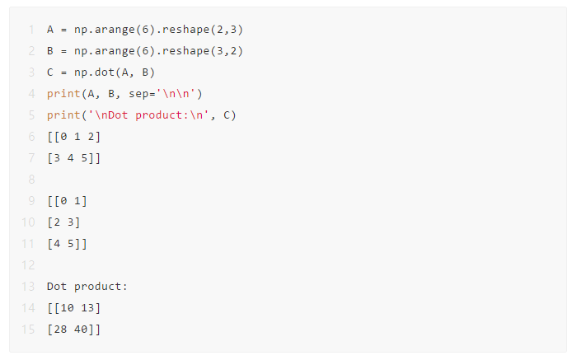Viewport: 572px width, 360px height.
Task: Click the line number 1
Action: coord(31,30)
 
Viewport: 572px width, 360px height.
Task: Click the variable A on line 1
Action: coord(50,30)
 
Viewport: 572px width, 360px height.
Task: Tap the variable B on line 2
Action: coord(50,51)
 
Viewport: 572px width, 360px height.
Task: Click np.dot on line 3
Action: coord(94,72)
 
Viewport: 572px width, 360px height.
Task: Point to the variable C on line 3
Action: coord(50,72)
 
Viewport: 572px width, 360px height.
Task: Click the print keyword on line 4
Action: coord(63,94)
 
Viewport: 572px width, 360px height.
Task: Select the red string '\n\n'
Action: coord(176,94)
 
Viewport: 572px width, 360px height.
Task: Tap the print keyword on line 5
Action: coord(63,115)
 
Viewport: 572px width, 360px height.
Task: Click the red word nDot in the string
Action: coord(115,115)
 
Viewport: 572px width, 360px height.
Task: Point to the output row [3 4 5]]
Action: coord(73,158)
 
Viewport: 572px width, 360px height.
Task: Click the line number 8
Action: coord(31,180)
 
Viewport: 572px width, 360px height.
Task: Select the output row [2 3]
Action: coord(63,222)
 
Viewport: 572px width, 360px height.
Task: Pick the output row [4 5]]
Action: coord(67,244)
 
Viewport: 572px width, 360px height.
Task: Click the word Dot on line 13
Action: coord(57,287)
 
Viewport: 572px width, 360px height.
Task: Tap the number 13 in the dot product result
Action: coord(87,308)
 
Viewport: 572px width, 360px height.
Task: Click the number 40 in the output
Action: coord(81,330)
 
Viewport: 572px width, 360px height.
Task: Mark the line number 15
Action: coord(28,330)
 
